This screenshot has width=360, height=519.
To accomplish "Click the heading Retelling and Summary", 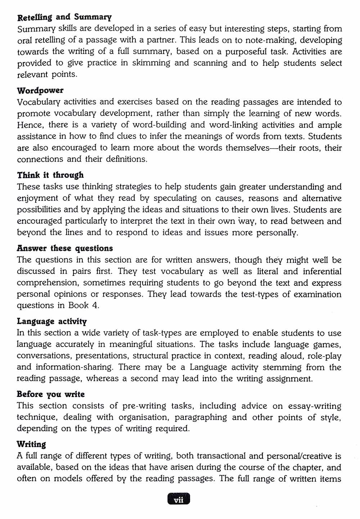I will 64,17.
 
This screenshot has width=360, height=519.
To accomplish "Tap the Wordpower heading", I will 40,90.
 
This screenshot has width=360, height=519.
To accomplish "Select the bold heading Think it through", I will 50,175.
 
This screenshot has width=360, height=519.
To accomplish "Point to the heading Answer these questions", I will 65,248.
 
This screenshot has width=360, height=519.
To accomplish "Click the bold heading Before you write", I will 50,394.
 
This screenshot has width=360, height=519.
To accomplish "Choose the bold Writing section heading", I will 31,444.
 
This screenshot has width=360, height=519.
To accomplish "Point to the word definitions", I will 126,159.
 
